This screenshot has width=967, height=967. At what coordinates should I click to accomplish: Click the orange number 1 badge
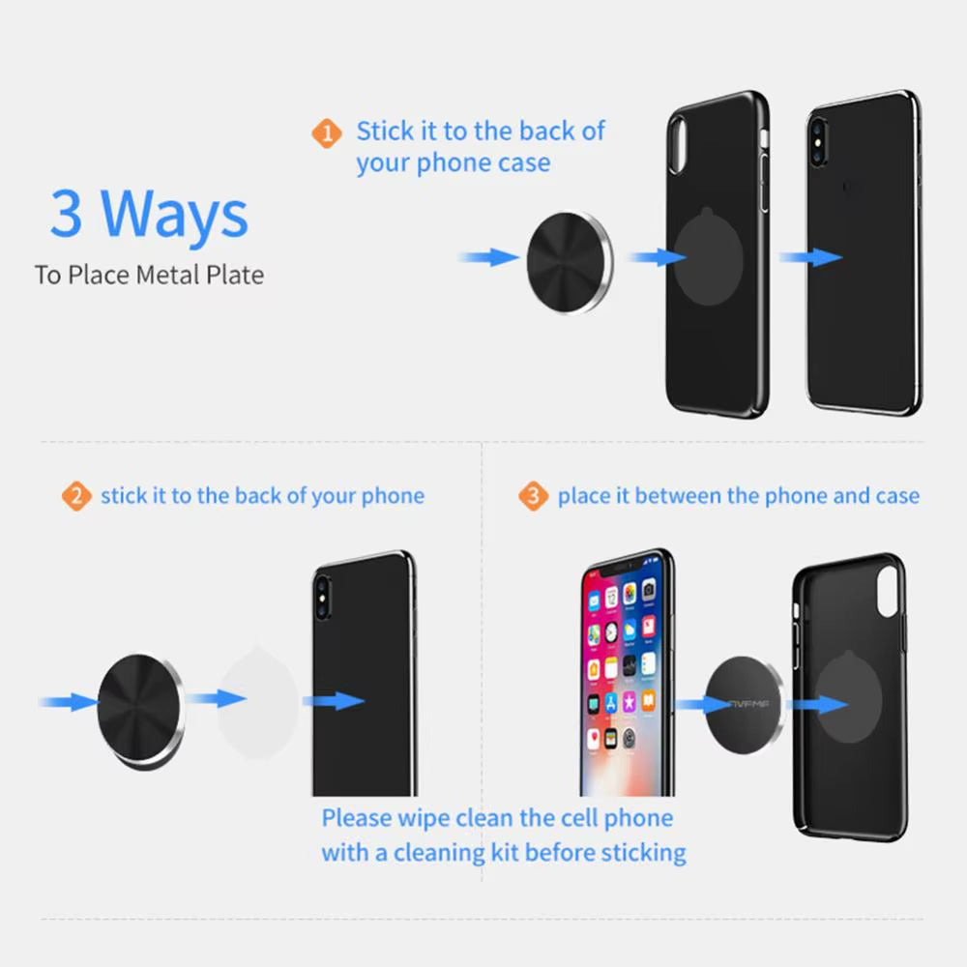327,132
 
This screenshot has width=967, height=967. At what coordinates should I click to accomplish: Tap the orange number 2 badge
75,497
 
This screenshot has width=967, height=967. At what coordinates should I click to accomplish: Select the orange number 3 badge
533,497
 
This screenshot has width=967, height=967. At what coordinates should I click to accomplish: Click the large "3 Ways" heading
149,214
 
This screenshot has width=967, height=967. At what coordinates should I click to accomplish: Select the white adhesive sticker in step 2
257,698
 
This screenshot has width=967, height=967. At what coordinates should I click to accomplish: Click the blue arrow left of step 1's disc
488,257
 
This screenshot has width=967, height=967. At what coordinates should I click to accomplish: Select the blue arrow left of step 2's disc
69,702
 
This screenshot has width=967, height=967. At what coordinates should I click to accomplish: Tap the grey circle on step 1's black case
716,259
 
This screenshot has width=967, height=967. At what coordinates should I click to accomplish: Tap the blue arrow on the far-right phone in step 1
810,257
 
